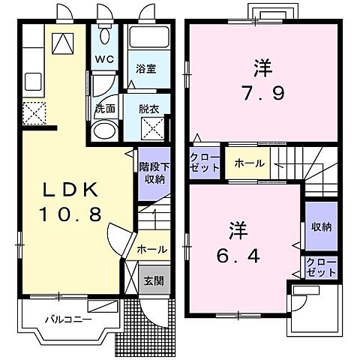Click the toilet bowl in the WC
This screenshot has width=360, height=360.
click(x=104, y=38)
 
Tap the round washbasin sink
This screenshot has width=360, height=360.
click(x=103, y=132)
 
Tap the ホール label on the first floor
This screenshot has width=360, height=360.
click(x=151, y=249)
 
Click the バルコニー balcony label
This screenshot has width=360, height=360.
click(x=67, y=319)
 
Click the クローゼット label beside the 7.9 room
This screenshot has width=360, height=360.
click(x=204, y=163)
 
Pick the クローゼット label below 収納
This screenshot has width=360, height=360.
click(x=320, y=267)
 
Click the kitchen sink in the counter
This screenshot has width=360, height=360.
click(x=33, y=79)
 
